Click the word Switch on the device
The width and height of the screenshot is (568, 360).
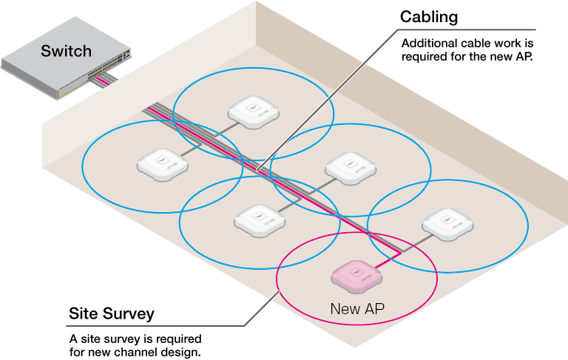click(x=66, y=51)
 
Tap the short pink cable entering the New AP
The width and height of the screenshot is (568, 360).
click(x=387, y=259)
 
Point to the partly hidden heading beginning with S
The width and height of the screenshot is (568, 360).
click(x=111, y=314)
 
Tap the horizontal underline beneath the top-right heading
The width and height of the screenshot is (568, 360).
click(x=466, y=30)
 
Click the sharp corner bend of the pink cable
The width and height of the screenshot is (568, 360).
click(x=400, y=253)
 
